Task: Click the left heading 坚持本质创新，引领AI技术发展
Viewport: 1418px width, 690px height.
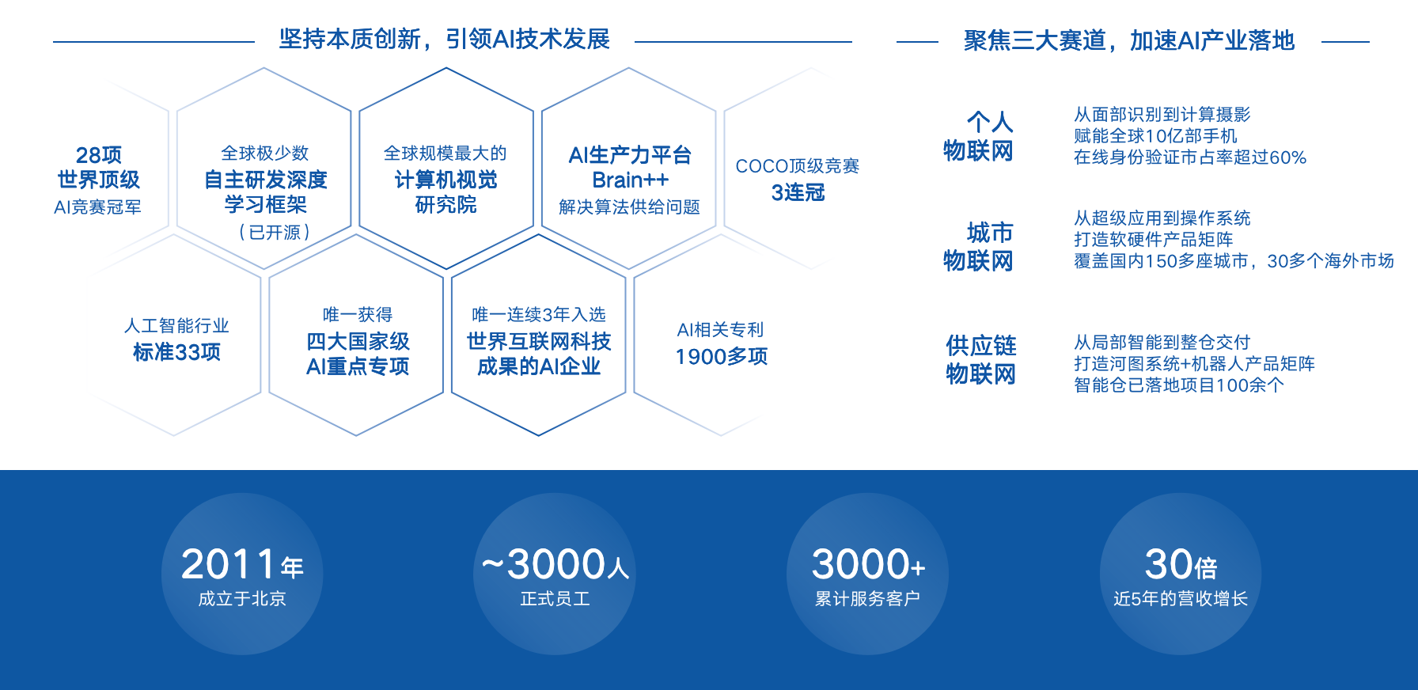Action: coord(444,39)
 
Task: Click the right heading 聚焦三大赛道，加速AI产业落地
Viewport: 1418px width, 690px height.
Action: coord(1128,40)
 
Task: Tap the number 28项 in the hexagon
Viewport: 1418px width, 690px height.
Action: coord(99,154)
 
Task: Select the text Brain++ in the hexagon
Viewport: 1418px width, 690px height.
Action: coord(630,180)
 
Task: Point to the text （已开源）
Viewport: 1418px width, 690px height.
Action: coord(274,233)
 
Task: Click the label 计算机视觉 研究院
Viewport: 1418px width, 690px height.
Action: coord(445,192)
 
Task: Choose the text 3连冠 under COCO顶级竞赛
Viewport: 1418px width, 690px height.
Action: coord(798,192)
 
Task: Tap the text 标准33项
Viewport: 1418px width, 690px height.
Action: coord(176,352)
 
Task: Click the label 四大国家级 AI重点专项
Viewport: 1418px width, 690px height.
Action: coord(358,354)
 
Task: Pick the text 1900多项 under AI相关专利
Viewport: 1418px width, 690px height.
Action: coord(721,357)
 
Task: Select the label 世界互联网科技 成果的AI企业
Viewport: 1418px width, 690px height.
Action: coord(539,354)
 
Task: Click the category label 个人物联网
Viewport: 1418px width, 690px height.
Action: coord(979,136)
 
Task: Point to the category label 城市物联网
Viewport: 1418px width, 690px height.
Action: coord(979,246)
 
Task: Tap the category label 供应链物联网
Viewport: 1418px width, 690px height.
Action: coord(981,359)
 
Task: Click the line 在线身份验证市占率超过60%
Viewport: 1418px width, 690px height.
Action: coord(1189,157)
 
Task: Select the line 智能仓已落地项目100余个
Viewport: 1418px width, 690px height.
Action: coord(1178,385)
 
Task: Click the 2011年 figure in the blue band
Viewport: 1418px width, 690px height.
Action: coord(241,565)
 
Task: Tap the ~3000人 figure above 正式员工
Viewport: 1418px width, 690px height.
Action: coord(555,565)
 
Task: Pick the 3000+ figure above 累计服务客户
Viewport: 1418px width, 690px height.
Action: coord(868,565)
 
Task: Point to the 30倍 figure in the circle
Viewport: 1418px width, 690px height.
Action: coord(1180,565)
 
